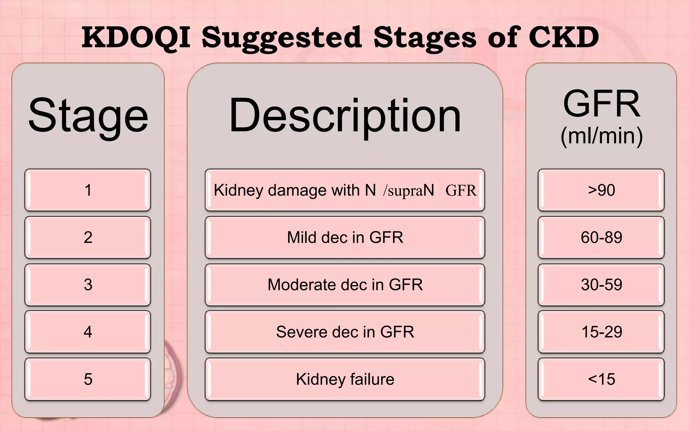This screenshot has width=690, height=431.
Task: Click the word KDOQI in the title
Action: [x=136, y=38]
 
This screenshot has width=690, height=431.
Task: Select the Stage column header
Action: [x=88, y=115]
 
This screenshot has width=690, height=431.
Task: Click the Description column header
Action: [x=345, y=115]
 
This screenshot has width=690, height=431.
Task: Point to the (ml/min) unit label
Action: [x=601, y=136]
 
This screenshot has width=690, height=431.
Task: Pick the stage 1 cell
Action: [x=88, y=190]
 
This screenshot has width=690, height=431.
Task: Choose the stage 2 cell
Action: [x=88, y=237]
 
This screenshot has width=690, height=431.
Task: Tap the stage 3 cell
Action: [x=88, y=285]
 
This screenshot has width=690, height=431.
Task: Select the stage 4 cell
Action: [x=88, y=332]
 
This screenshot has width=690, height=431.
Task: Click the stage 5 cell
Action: [x=88, y=379]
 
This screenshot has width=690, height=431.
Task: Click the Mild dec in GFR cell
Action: [x=345, y=237]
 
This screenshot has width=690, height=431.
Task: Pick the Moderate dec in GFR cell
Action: [x=345, y=285]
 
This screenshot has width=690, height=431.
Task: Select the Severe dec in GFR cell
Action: [x=345, y=332]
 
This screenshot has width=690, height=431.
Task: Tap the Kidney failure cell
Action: [x=345, y=379]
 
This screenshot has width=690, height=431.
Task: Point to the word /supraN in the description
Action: [x=408, y=191]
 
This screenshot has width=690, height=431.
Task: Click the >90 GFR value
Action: [x=601, y=190]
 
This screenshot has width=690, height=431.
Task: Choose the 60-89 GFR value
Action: [x=601, y=237]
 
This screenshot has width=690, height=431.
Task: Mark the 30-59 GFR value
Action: [x=601, y=285]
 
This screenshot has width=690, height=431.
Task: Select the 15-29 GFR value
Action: [x=601, y=332]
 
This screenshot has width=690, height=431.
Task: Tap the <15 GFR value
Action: [x=601, y=379]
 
